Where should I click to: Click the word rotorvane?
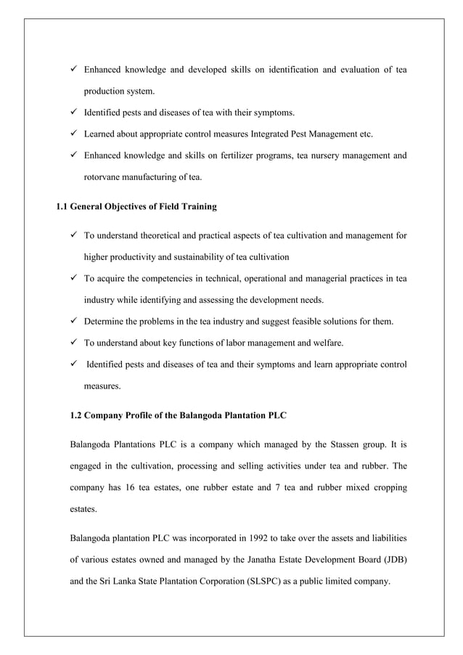coord(105,176)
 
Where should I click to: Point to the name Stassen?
coord(335,443)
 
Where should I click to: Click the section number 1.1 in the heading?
coord(62,207)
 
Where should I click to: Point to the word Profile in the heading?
coord(146,415)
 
